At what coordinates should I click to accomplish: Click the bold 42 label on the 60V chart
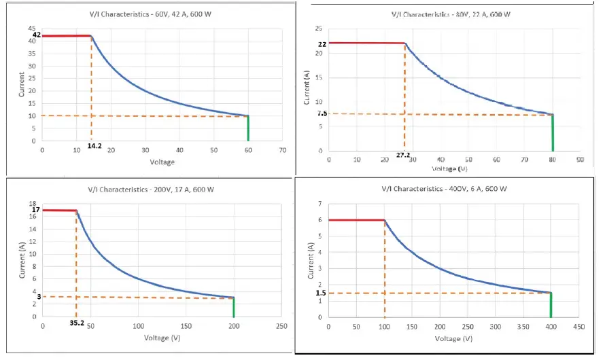click(x=37, y=35)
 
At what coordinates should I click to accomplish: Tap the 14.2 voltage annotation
click(x=94, y=145)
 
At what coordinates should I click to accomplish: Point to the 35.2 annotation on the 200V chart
click(x=76, y=323)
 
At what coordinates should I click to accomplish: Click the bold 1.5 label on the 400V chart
click(x=321, y=293)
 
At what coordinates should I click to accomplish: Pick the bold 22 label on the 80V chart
click(x=322, y=44)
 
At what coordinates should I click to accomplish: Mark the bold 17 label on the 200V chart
click(x=37, y=210)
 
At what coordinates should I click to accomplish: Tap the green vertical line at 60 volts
click(x=248, y=128)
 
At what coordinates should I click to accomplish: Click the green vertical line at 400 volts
click(x=551, y=305)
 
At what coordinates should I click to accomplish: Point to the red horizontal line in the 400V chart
click(x=357, y=220)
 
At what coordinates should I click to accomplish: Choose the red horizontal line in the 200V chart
click(x=59, y=210)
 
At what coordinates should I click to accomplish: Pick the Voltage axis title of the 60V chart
click(x=162, y=162)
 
